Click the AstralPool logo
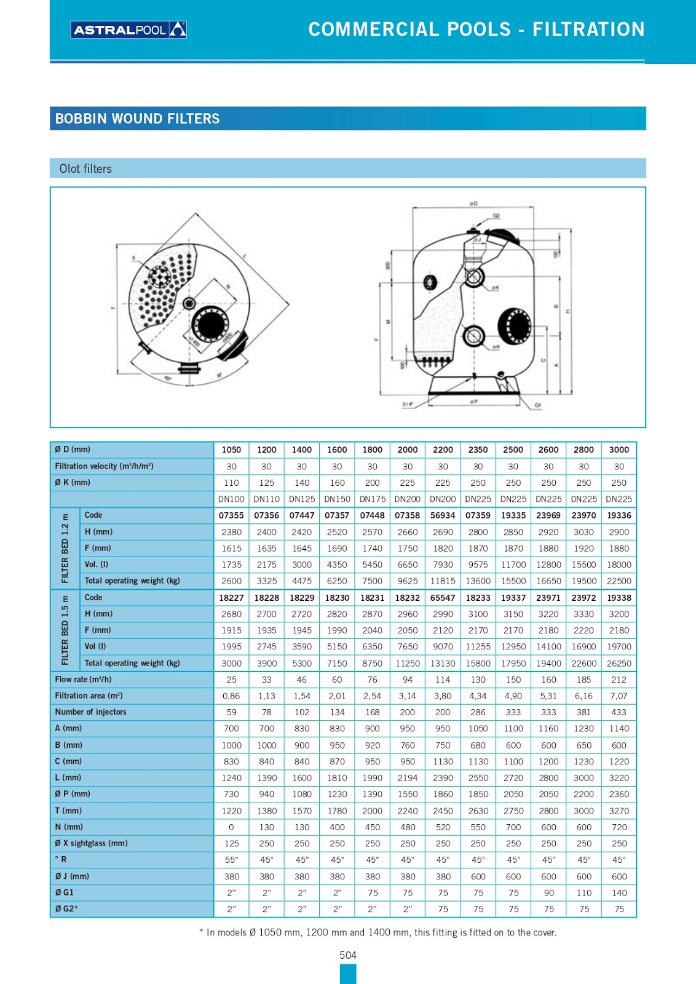point(129,30)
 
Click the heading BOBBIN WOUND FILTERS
point(137,119)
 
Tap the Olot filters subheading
point(85,169)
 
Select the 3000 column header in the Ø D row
point(619,450)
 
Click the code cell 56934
point(443,515)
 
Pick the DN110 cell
point(266,499)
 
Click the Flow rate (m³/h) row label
point(83,680)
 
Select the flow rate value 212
point(619,680)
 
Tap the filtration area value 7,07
point(619,696)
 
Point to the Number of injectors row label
point(90,712)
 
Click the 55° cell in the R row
point(231,860)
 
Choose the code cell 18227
point(231,597)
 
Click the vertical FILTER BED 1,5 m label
point(65,630)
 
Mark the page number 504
point(348,955)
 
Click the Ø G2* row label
point(66,909)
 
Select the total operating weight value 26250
point(619,663)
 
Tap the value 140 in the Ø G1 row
point(619,892)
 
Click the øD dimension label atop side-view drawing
point(473,203)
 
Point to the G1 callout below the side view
point(538,405)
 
